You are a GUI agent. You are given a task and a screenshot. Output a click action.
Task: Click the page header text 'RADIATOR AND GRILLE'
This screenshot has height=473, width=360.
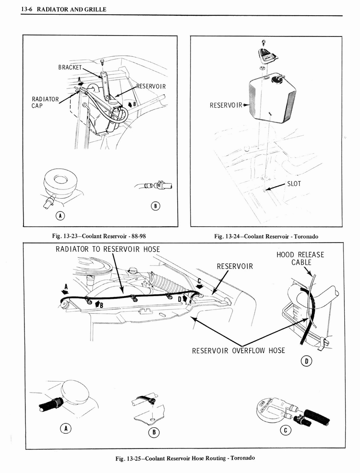coord(69,9)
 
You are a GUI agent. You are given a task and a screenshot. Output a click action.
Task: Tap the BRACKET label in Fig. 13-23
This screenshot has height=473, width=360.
coord(70,67)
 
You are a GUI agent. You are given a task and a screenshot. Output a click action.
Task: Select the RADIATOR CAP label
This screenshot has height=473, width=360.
coord(45,102)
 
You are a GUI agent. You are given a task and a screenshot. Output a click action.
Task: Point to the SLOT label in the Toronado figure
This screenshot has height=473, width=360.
coord(294,183)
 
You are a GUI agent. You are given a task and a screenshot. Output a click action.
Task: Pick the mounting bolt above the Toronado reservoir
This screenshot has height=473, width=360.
coord(264,43)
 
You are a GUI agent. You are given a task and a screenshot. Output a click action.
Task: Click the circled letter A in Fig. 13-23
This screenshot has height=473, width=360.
coord(60,216)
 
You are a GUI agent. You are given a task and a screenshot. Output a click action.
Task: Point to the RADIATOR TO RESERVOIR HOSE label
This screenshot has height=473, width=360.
coord(108,249)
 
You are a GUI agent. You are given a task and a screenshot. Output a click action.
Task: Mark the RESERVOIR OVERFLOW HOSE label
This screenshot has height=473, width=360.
coord(238,350)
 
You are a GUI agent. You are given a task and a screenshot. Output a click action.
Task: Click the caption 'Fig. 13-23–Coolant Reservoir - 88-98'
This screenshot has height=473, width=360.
coord(99,236)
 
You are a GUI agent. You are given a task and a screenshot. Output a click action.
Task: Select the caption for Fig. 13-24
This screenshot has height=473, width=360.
coord(266,236)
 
